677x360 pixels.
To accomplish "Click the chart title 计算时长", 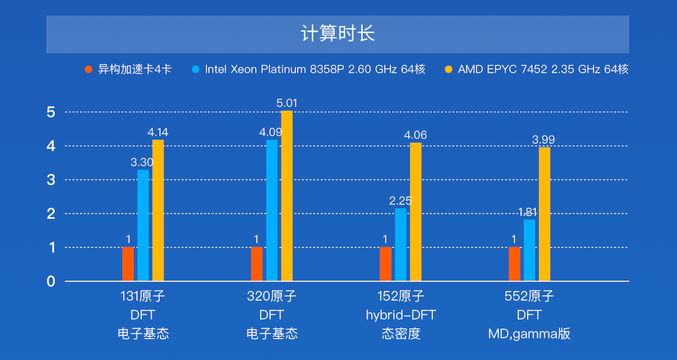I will point(338,34).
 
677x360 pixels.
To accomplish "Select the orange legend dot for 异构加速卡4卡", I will point(88,69).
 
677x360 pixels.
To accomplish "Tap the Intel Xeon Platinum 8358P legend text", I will point(314,69).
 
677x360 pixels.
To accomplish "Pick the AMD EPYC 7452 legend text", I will point(543,69).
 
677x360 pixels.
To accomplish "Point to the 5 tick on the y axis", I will point(51,112).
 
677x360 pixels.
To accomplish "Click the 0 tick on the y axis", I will point(51,281).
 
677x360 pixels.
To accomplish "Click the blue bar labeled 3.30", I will point(143,225).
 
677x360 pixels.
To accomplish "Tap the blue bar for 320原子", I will point(272,211).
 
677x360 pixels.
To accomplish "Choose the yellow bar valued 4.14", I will point(158,211).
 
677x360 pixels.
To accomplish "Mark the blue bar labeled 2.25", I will point(400,245).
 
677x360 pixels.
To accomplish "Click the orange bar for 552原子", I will point(514,264).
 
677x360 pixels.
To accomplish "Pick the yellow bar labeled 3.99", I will point(544,214).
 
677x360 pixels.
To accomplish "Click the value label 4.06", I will point(416,135).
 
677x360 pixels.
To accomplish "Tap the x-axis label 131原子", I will point(142,297).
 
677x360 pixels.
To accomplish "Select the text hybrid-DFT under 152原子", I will point(400,315).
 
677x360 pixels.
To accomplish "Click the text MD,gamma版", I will point(529,334).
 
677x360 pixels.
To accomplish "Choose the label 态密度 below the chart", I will point(400,334).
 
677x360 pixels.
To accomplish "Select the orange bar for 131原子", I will point(128,264).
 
